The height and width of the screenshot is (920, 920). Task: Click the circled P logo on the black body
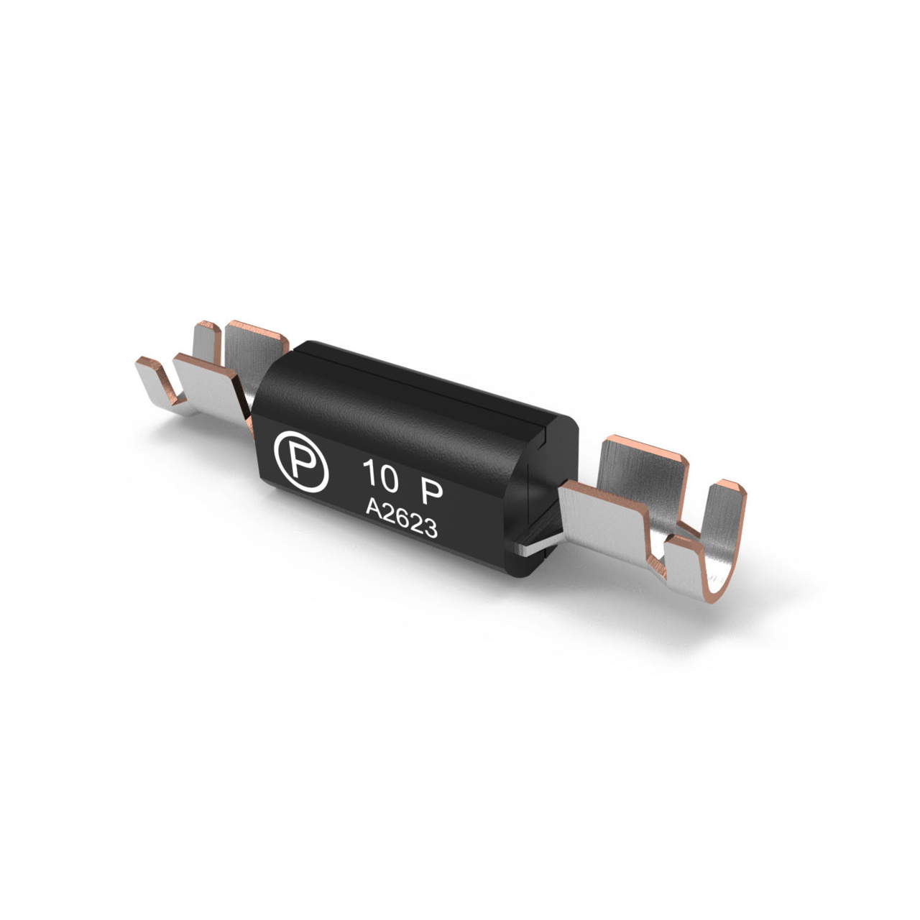pyautogui.click(x=301, y=461)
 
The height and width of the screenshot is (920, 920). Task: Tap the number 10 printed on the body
pyautogui.click(x=380, y=476)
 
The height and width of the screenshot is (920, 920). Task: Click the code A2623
pyautogui.click(x=402, y=518)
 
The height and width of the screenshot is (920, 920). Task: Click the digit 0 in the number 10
pyautogui.click(x=389, y=479)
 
